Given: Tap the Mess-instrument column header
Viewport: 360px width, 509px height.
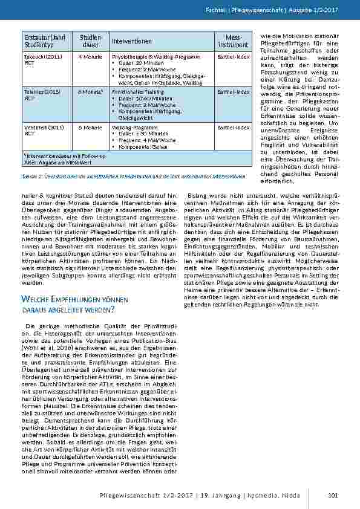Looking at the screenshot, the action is pos(233,41).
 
